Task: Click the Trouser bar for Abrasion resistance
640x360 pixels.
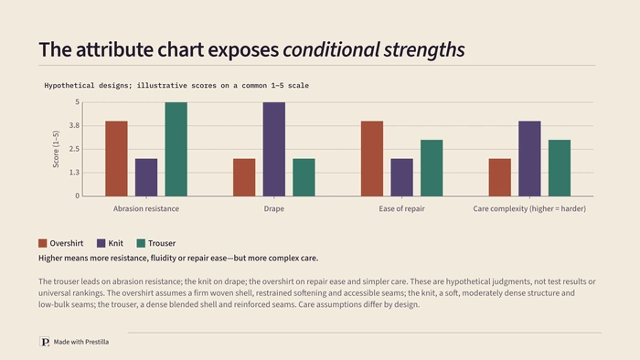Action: [176, 149]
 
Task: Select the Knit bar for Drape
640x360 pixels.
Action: [274, 149]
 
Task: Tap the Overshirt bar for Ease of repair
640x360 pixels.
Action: [372, 159]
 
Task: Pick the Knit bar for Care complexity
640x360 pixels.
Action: [529, 159]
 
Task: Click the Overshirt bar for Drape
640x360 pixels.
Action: [244, 177]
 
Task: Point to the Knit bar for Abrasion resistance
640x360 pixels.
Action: [146, 177]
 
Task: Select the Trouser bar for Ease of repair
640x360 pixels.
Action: [432, 168]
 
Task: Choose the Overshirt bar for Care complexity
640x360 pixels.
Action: [499, 177]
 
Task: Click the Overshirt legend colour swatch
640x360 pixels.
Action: [42, 243]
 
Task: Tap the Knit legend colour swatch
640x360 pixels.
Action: [101, 243]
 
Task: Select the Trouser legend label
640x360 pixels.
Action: [162, 243]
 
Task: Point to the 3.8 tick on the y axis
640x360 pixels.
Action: [74, 125]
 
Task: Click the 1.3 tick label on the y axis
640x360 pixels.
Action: [74, 173]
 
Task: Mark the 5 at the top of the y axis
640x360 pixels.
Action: [77, 102]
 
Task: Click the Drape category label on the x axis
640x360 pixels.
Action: [274, 208]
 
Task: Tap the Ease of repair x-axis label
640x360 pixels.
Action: [401, 208]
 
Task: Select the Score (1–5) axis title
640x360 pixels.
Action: [56, 149]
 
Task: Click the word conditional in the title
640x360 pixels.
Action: [331, 49]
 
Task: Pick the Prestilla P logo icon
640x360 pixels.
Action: [45, 342]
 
